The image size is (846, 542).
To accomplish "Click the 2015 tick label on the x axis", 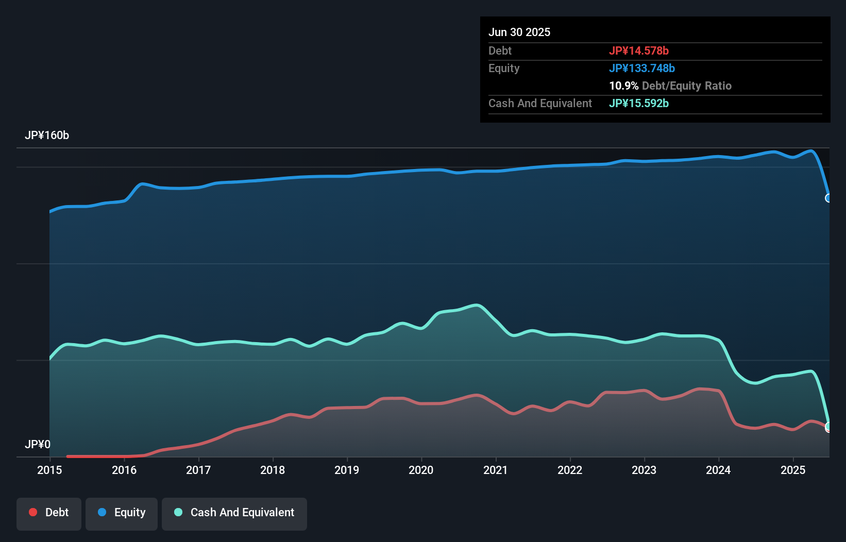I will pyautogui.click(x=49, y=470).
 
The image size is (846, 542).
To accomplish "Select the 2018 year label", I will pyautogui.click(x=273, y=470).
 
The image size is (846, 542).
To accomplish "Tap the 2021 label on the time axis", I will pyautogui.click(x=495, y=470).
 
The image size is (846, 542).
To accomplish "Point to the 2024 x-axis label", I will pyautogui.click(x=718, y=470).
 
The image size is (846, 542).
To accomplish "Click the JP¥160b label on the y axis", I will pyautogui.click(x=47, y=135).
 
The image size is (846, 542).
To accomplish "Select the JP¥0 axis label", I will pyautogui.click(x=38, y=444).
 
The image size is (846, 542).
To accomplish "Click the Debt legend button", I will pyautogui.click(x=49, y=513).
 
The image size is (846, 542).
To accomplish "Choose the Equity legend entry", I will pyautogui.click(x=122, y=513).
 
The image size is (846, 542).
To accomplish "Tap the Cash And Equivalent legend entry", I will pyautogui.click(x=234, y=513).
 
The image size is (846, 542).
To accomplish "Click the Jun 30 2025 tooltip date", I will pyautogui.click(x=519, y=32).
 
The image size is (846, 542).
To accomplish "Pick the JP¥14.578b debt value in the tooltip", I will pyautogui.click(x=639, y=50).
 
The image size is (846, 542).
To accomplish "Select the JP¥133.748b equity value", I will pyautogui.click(x=642, y=68).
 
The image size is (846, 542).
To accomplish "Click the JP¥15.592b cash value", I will pyautogui.click(x=639, y=103).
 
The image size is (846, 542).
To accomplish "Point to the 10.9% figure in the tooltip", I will pyautogui.click(x=623, y=86).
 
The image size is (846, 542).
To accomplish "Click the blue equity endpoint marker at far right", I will pyautogui.click(x=828, y=198).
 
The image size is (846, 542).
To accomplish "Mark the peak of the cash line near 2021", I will pyautogui.click(x=477, y=306).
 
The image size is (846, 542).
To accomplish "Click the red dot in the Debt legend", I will pyautogui.click(x=33, y=512).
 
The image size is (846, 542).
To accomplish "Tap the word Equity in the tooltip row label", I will pyautogui.click(x=504, y=68).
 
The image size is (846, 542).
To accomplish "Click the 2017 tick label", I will pyautogui.click(x=198, y=470).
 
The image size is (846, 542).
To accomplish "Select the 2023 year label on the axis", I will pyautogui.click(x=644, y=470).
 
